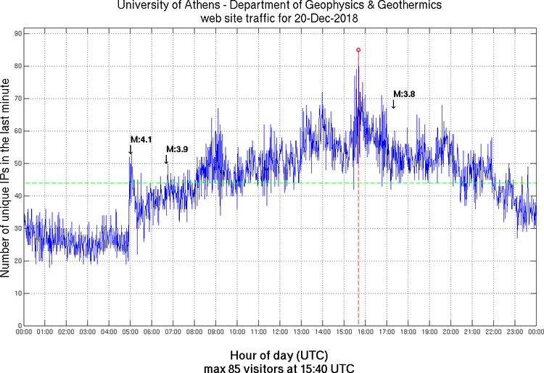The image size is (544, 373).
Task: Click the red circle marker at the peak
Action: tap(358, 50)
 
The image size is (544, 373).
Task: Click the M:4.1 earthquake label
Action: tap(141, 139)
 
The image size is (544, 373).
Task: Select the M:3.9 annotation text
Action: tap(177, 149)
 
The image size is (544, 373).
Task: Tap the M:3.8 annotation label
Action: tap(404, 93)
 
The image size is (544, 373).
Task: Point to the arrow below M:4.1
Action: tap(131, 149)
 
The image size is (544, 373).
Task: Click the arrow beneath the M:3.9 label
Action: tap(167, 159)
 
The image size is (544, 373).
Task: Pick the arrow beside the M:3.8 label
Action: tap(393, 104)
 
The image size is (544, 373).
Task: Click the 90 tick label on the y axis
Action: tap(16, 33)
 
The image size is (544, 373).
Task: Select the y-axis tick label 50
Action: tap(16, 164)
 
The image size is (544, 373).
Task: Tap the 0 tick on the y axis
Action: tap(18, 326)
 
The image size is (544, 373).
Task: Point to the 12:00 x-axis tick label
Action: tap(279, 333)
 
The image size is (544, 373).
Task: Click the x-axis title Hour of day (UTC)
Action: tap(279, 356)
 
